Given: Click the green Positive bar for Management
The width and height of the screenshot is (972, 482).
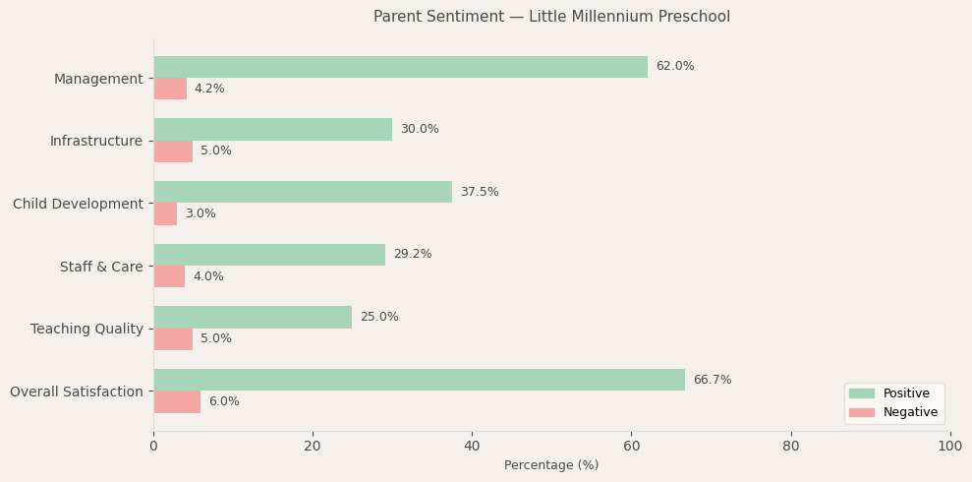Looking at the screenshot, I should tap(400, 67).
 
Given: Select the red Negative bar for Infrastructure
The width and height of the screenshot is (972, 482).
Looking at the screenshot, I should tap(173, 151).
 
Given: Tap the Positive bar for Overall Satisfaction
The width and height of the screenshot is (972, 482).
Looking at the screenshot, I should tap(419, 380).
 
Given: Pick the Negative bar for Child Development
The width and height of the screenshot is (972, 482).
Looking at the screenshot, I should tap(165, 214).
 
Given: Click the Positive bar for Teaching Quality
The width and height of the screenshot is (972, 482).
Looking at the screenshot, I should tap(253, 317).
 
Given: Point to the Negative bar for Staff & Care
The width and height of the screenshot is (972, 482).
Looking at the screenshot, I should tap(169, 276).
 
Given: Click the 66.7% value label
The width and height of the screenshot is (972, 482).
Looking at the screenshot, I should tap(713, 380).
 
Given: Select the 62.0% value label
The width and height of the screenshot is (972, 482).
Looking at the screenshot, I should tap(675, 67).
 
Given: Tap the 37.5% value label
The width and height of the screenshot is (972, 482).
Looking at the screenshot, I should tap(480, 192).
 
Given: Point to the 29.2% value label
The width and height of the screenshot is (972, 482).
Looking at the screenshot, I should tap(413, 255).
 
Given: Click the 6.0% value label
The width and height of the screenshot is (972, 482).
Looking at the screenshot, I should tap(224, 402).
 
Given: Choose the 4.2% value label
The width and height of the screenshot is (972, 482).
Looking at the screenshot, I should tap(209, 90).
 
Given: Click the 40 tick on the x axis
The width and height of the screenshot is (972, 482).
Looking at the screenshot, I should tap(472, 447).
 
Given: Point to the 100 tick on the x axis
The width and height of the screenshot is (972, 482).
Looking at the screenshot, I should tap(949, 447).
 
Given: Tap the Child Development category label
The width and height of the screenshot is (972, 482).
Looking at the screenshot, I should tap(78, 204).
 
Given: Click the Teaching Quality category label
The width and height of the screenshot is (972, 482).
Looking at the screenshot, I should tap(86, 329).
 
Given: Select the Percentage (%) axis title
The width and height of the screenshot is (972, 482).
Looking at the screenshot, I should tap(551, 465).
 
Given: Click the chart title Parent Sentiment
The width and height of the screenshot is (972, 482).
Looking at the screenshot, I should tap(551, 17).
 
